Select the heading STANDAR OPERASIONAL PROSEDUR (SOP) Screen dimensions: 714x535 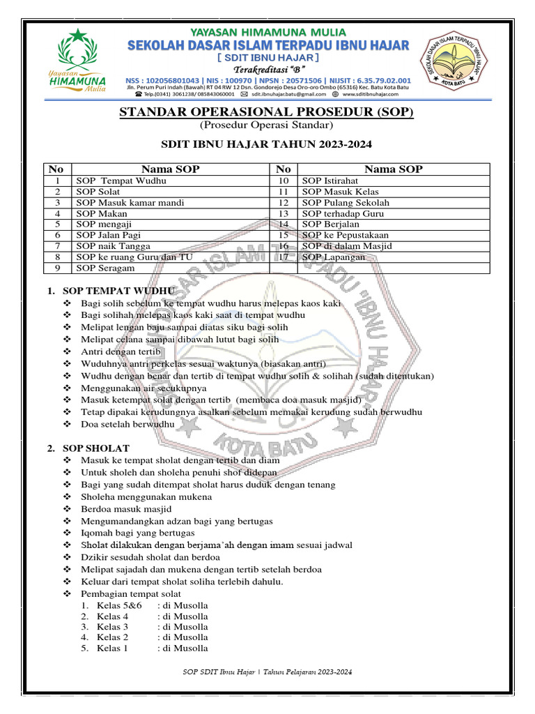(267, 112)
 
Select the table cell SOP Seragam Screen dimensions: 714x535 (106, 268)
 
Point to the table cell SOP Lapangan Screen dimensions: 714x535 (334, 257)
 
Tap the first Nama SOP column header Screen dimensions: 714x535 (171, 169)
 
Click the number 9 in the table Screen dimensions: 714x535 (59, 268)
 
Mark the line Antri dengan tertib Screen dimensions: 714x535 (121, 351)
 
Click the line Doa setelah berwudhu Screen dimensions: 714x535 (127, 424)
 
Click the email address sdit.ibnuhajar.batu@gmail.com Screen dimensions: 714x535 (289, 93)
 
